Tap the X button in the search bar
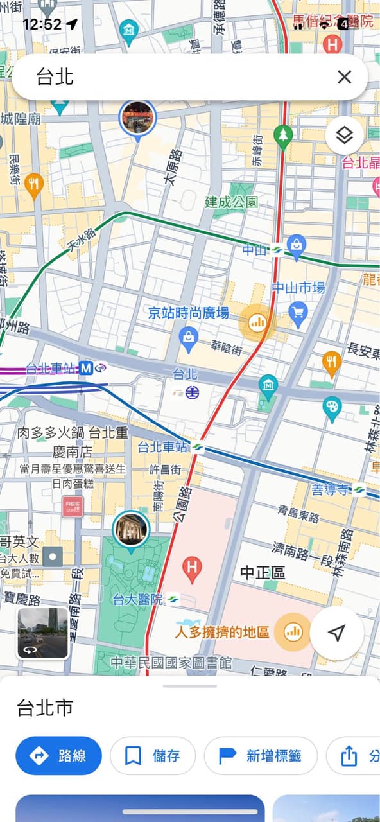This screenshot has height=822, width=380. click(345, 77)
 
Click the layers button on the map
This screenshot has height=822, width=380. click(345, 136)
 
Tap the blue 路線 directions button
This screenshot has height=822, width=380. click(59, 756)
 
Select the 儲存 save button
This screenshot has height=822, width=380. click(153, 756)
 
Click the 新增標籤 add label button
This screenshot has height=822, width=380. click(261, 756)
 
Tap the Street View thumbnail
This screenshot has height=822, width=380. click(43, 633)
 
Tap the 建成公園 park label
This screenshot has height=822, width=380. click(232, 202)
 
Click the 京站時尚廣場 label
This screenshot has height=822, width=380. click(188, 313)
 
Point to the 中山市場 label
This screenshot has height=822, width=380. click(298, 288)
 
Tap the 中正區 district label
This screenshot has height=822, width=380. click(263, 572)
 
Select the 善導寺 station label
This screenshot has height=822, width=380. click(330, 490)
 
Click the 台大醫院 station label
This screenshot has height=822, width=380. click(137, 599)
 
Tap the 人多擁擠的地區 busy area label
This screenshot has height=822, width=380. click(223, 632)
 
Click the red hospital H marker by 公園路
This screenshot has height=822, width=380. click(191, 566)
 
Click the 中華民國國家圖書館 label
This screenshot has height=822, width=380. click(171, 663)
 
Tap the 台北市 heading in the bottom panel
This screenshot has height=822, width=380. click(45, 708)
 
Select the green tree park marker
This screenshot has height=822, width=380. click(282, 135)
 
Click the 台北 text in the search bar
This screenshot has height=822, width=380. click(55, 77)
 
